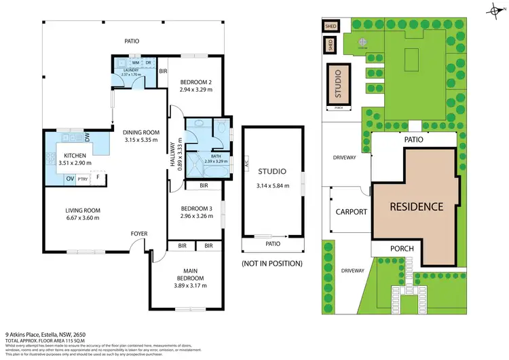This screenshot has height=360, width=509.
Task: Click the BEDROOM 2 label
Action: [196, 82]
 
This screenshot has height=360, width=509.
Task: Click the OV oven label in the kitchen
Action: [69, 178]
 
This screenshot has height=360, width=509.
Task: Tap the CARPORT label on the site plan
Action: [351, 212]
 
